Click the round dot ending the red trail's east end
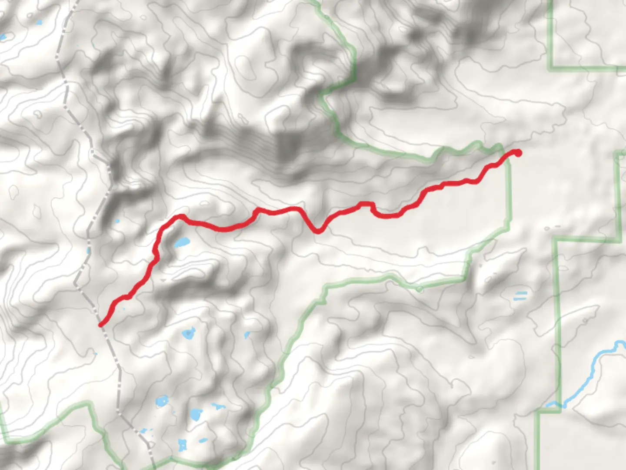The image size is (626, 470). point(517,152)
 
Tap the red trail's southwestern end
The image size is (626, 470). point(101,324)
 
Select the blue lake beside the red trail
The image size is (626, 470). point(182,242)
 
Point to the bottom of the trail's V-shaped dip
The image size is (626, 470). point(318,230)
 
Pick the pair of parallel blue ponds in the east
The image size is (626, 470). point(520,296)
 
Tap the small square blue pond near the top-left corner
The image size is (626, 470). point(40,23)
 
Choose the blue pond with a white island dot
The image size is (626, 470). point(162,400)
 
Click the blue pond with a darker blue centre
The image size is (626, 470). point(188,334)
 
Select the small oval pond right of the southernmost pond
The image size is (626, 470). point(203,440)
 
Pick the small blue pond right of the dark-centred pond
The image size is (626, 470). point(247,335)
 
